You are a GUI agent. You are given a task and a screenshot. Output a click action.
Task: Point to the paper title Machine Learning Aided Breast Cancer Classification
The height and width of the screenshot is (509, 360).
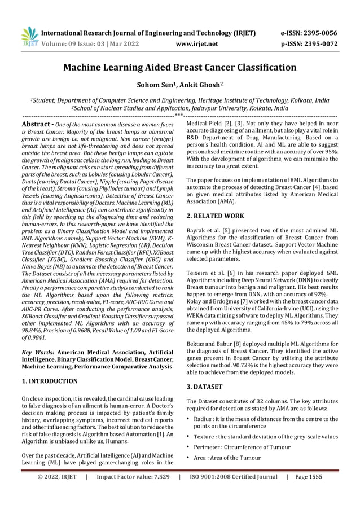179,68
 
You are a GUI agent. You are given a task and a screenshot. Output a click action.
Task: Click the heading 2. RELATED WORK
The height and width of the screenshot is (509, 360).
215,216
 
